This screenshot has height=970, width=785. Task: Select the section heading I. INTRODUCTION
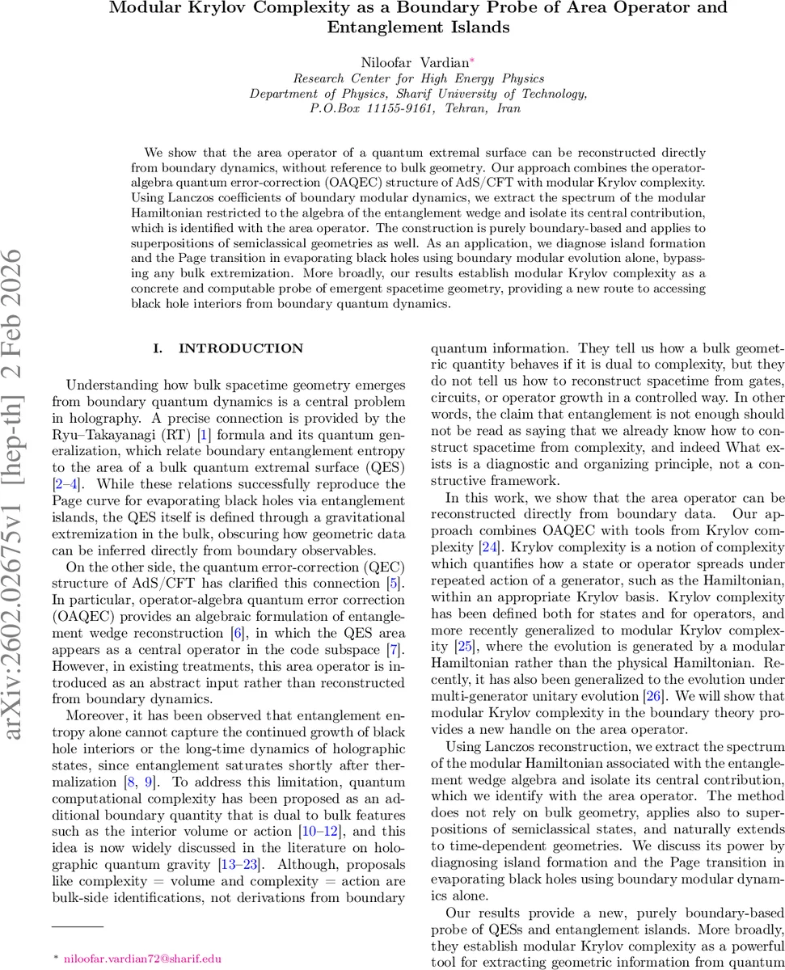[229, 348]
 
